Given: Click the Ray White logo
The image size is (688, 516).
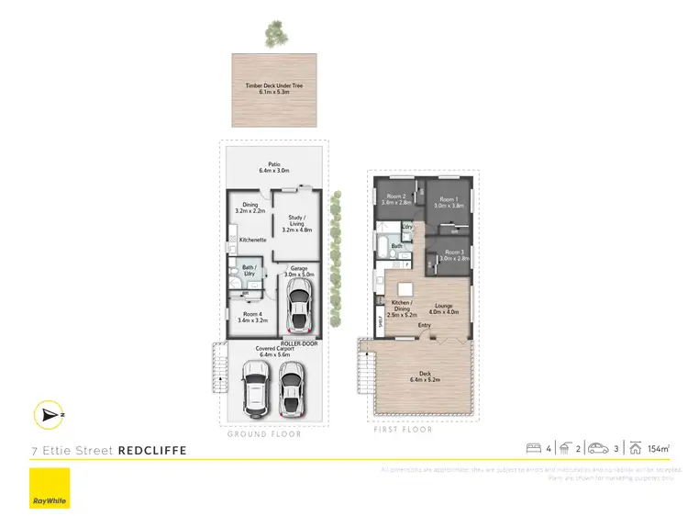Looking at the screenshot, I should click(50, 488).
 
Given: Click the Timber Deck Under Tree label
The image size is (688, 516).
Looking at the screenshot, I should click(273, 89).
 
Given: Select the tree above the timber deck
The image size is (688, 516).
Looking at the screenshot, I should click(274, 35).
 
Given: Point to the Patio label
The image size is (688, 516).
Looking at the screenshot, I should click(273, 167).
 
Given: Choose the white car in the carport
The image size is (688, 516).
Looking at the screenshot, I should click(256, 387).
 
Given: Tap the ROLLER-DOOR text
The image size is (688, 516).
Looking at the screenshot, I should click(300, 342).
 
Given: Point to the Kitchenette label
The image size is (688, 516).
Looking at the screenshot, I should click(252, 240).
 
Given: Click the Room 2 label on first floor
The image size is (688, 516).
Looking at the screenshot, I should click(396, 199).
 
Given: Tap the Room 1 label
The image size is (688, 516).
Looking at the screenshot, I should click(448, 202).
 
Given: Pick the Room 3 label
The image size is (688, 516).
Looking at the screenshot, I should click(454, 255).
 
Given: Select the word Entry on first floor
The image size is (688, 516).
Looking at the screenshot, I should click(425, 324).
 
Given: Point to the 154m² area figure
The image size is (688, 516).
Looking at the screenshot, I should click(657, 449).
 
